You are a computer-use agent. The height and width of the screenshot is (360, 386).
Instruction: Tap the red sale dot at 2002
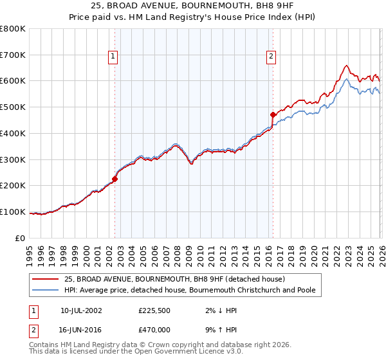pyautogui.click(x=115, y=179)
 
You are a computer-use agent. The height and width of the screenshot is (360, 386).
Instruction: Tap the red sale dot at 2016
pyautogui.click(x=273, y=114)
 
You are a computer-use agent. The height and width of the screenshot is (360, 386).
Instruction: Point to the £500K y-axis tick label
pyautogui.click(x=13, y=107)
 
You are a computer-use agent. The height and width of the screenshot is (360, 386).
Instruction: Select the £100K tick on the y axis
pyautogui.click(x=13, y=212)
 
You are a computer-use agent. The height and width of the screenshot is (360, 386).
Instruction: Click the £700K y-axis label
pyautogui.click(x=13, y=55)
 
